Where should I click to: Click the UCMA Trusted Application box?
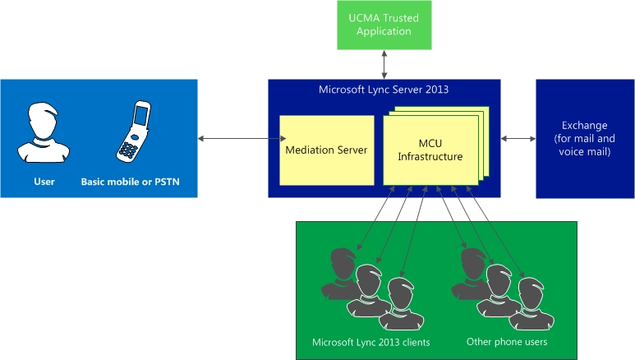click(x=384, y=25)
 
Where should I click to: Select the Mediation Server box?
click(x=327, y=150)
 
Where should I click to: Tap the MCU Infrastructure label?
click(x=430, y=150)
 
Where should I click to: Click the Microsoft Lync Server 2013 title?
click(x=384, y=90)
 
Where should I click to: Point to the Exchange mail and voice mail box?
click(x=585, y=139)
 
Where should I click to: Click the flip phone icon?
click(x=134, y=132)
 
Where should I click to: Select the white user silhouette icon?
click(x=44, y=132)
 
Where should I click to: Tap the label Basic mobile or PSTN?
click(x=130, y=182)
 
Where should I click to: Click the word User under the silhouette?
click(x=44, y=182)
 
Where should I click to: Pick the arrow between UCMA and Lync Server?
click(x=384, y=64)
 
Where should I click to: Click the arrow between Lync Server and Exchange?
click(x=518, y=139)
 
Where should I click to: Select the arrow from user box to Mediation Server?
click(x=242, y=139)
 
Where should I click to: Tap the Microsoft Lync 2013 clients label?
click(x=371, y=342)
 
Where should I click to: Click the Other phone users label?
click(x=507, y=342)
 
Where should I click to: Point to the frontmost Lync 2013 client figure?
click(x=402, y=304)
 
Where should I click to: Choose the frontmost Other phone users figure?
click(x=531, y=304)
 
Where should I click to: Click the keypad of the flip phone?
click(x=127, y=150)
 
